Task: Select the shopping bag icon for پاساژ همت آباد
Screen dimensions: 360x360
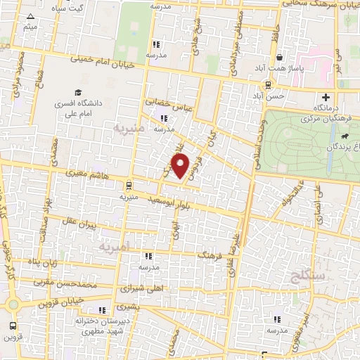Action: pyautogui.click(x=281, y=58)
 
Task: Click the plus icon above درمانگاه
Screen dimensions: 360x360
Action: pyautogui.click(x=326, y=97)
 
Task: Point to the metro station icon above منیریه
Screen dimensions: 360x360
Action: pyautogui.click(x=128, y=186)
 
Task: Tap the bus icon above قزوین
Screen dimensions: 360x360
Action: pyautogui.click(x=13, y=326)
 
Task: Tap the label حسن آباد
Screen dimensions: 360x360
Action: pyautogui.click(x=270, y=95)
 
